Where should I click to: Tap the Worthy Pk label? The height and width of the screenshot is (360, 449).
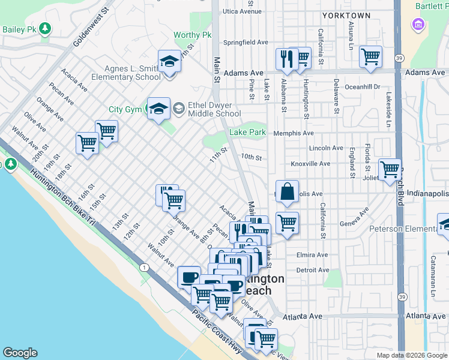tap(193, 35)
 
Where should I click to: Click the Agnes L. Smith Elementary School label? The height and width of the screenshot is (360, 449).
tap(126, 73)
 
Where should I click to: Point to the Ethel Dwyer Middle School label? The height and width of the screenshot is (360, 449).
tap(214, 109)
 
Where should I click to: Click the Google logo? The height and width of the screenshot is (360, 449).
tap(20, 353)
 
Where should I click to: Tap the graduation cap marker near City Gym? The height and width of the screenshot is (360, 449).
tap(158, 109)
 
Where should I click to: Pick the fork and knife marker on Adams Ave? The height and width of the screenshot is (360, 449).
tap(286, 59)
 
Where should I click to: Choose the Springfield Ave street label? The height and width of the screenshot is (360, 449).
tap(246, 43)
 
